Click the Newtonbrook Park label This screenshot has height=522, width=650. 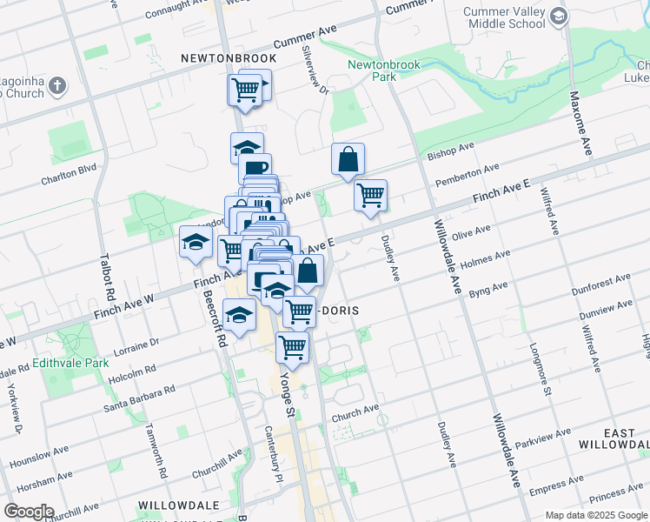coord(383,70)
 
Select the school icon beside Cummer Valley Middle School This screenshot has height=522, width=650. coord(559,17)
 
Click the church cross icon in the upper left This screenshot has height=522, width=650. coord(57,85)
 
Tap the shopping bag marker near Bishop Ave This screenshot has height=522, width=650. coord(348,160)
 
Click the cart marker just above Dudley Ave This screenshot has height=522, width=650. coord(371,195)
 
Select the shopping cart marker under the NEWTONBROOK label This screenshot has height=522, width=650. coord(245,89)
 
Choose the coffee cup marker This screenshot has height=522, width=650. coord(255,169)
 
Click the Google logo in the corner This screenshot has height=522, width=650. coord(29,512)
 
